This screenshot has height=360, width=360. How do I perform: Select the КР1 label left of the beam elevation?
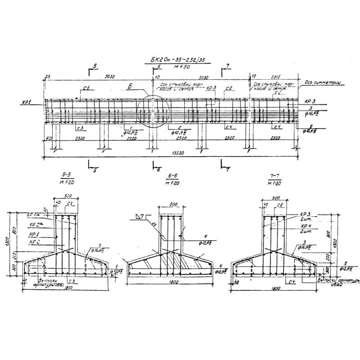[26, 102]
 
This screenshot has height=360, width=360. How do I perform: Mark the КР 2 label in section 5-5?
[33, 242]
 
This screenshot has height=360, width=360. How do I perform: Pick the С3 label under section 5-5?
[72, 282]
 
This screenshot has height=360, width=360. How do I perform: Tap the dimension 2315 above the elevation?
[269, 77]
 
